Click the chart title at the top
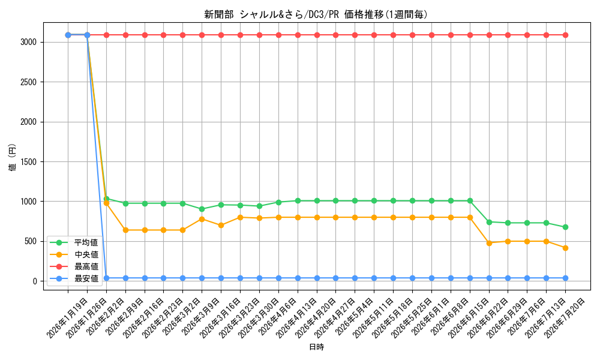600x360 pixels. click(316, 14)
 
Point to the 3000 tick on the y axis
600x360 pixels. click(29, 42)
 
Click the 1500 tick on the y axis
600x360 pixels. click(29, 162)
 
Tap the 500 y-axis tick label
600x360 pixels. click(31, 241)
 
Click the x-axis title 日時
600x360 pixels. click(316, 347)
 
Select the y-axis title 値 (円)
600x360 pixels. click(12, 157)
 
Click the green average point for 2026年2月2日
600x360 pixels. click(106, 199)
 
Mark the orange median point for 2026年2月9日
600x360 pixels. click(125, 230)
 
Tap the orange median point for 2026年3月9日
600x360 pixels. click(202, 219)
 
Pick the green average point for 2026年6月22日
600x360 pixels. click(489, 222)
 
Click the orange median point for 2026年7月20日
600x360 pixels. click(565, 248)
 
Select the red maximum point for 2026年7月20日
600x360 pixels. click(565, 35)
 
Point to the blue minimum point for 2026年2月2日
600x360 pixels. click(106, 278)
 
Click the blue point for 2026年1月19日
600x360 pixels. click(68, 35)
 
